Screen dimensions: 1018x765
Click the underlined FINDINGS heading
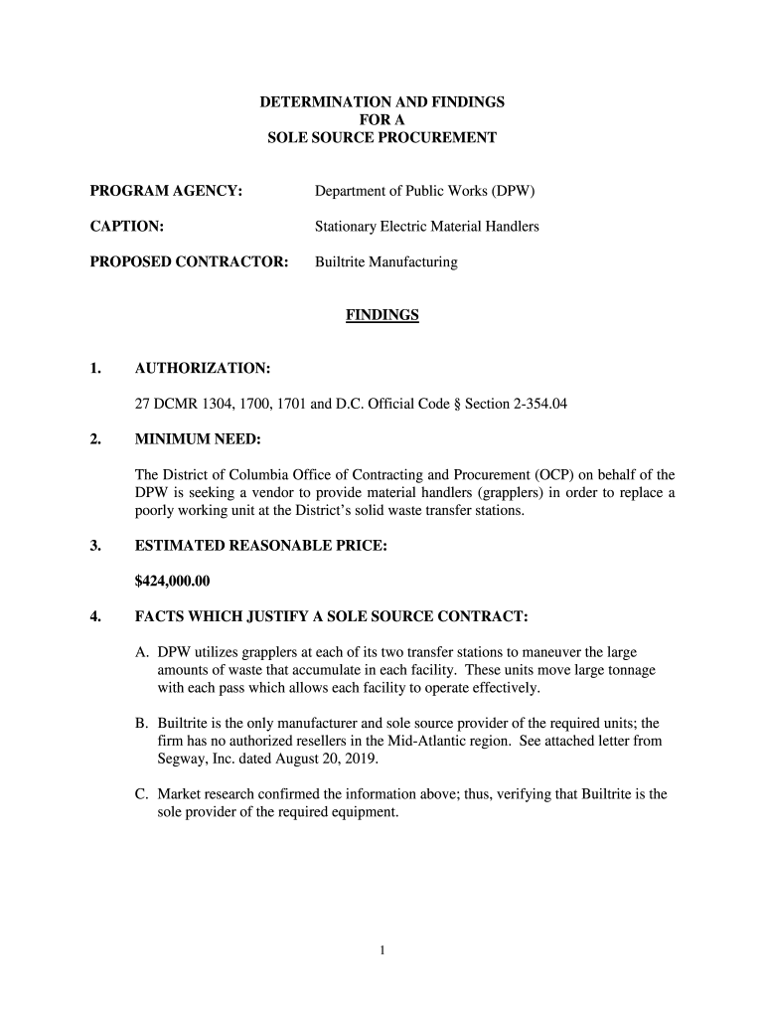(382, 315)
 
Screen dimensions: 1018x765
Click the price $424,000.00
(172, 581)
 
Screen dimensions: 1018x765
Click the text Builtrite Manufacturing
(385, 262)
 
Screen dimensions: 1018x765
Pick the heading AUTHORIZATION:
(202, 369)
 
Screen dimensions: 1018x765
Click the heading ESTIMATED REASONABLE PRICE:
(260, 546)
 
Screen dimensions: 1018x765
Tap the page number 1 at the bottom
(382, 950)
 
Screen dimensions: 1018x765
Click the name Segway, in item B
(179, 760)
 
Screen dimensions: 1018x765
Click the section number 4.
(95, 616)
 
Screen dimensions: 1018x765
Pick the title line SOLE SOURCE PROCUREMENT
(382, 137)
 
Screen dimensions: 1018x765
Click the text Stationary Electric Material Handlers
(427, 227)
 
